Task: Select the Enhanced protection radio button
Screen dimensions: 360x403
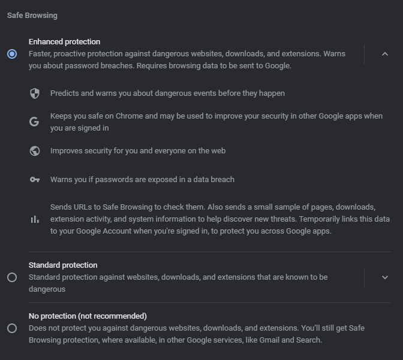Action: [12, 54]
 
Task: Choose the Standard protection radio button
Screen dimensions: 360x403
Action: [12, 277]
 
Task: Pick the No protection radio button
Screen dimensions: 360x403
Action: [12, 328]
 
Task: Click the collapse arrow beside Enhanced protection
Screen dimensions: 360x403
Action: [385, 54]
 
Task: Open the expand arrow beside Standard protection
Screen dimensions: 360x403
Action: [385, 277]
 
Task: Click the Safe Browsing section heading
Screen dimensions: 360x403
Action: [32, 16]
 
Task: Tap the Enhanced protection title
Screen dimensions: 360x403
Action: [64, 42]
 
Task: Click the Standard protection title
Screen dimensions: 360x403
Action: [63, 265]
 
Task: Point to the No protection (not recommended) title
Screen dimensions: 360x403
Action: [88, 316]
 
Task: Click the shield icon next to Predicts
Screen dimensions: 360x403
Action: [35, 93]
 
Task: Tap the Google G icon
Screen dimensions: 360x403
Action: [34, 122]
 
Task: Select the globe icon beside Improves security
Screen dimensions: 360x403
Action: [35, 151]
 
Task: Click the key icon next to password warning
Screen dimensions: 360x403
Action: [35, 180]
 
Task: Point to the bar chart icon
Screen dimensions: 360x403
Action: [35, 219]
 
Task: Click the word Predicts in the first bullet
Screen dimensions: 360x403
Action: [64, 93]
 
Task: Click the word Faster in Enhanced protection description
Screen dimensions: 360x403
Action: [41, 54]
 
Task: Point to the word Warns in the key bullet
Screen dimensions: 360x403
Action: [62, 180]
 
